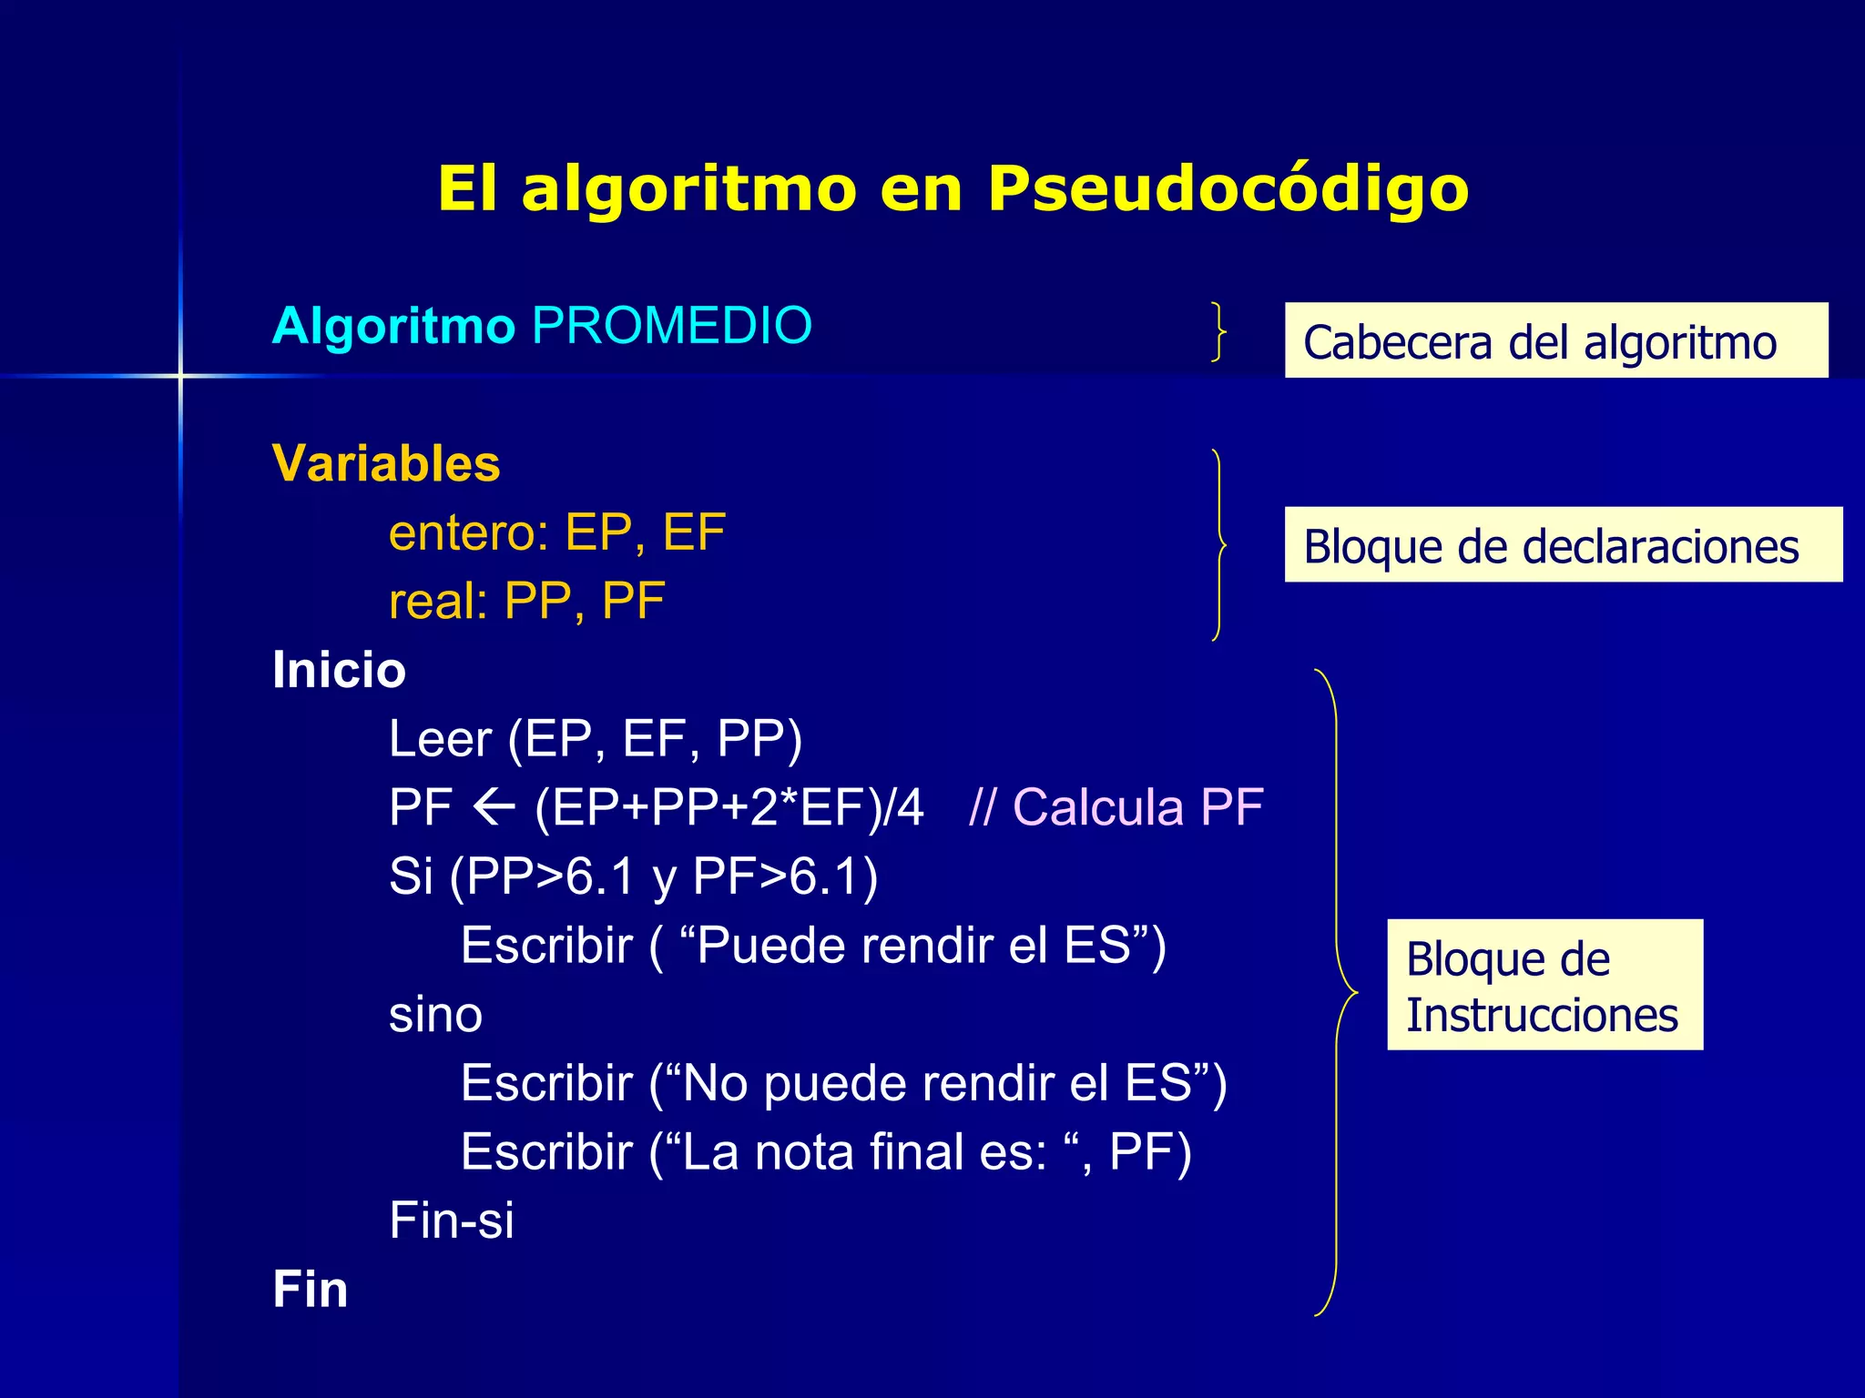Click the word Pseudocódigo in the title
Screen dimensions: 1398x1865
click(x=1228, y=189)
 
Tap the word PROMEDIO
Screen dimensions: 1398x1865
click(x=672, y=326)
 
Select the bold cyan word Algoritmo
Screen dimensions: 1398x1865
click(x=393, y=326)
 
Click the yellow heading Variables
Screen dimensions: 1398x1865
click(x=386, y=463)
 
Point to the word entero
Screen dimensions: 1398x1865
click(x=464, y=532)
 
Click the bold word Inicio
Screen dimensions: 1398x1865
click(x=339, y=670)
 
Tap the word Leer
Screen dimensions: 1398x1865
click(x=440, y=738)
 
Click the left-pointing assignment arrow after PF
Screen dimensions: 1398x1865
click(x=494, y=807)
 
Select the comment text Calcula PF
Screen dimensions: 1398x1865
click(x=1137, y=807)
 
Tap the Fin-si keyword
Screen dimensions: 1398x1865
click(x=452, y=1221)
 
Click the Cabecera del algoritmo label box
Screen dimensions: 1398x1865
click(x=1555, y=340)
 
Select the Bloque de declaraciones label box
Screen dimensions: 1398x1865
click(x=1563, y=544)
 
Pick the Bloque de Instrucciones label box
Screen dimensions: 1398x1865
click(x=1544, y=985)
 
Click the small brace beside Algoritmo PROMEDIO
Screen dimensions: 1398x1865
click(x=1218, y=331)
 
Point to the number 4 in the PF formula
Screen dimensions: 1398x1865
click(x=910, y=807)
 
